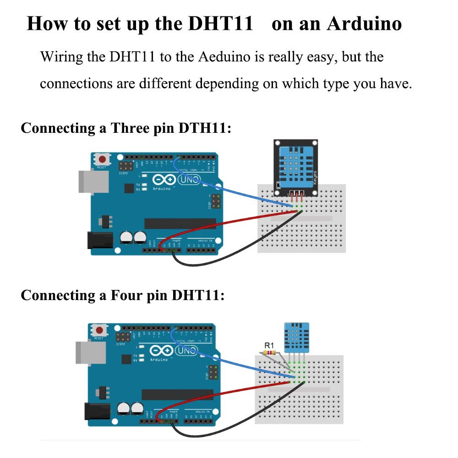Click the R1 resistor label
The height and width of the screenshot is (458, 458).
269,345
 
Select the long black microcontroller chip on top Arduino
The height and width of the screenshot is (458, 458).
180,223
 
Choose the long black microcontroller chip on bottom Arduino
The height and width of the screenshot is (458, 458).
177,394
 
